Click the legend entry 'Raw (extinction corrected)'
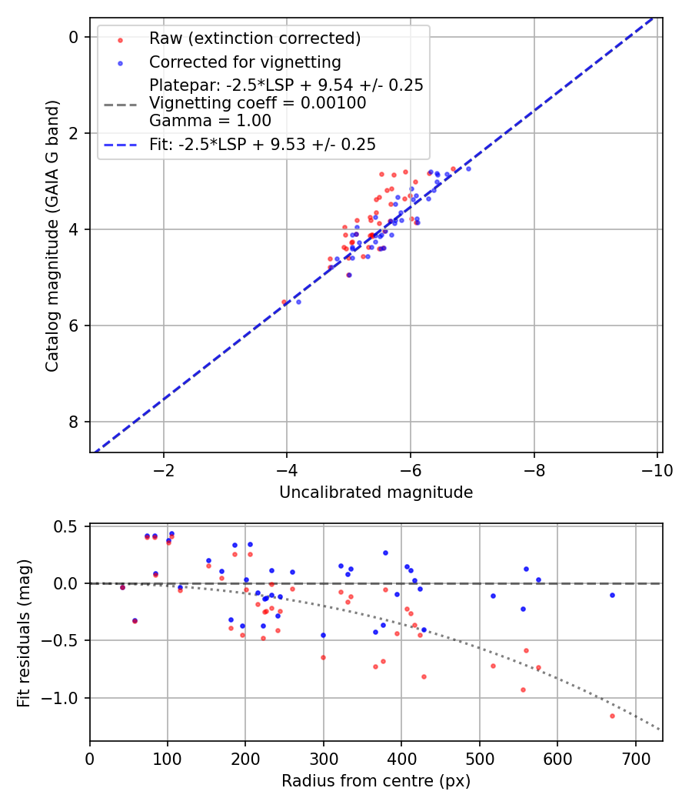[x=255, y=38]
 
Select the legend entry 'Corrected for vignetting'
[x=245, y=62]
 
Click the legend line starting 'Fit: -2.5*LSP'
[x=262, y=144]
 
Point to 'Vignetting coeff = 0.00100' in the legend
[x=258, y=102]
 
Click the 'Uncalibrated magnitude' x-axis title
[x=376, y=492]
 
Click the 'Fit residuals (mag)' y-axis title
[x=24, y=632]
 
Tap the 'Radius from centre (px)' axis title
[x=376, y=781]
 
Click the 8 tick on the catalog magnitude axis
[x=74, y=422]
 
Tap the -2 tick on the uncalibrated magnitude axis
[x=163, y=469]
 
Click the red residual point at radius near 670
[x=612, y=716]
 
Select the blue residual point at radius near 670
[x=612, y=595]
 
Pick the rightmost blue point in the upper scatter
[x=468, y=168]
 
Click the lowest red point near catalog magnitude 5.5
[x=284, y=302]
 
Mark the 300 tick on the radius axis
[x=323, y=758]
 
